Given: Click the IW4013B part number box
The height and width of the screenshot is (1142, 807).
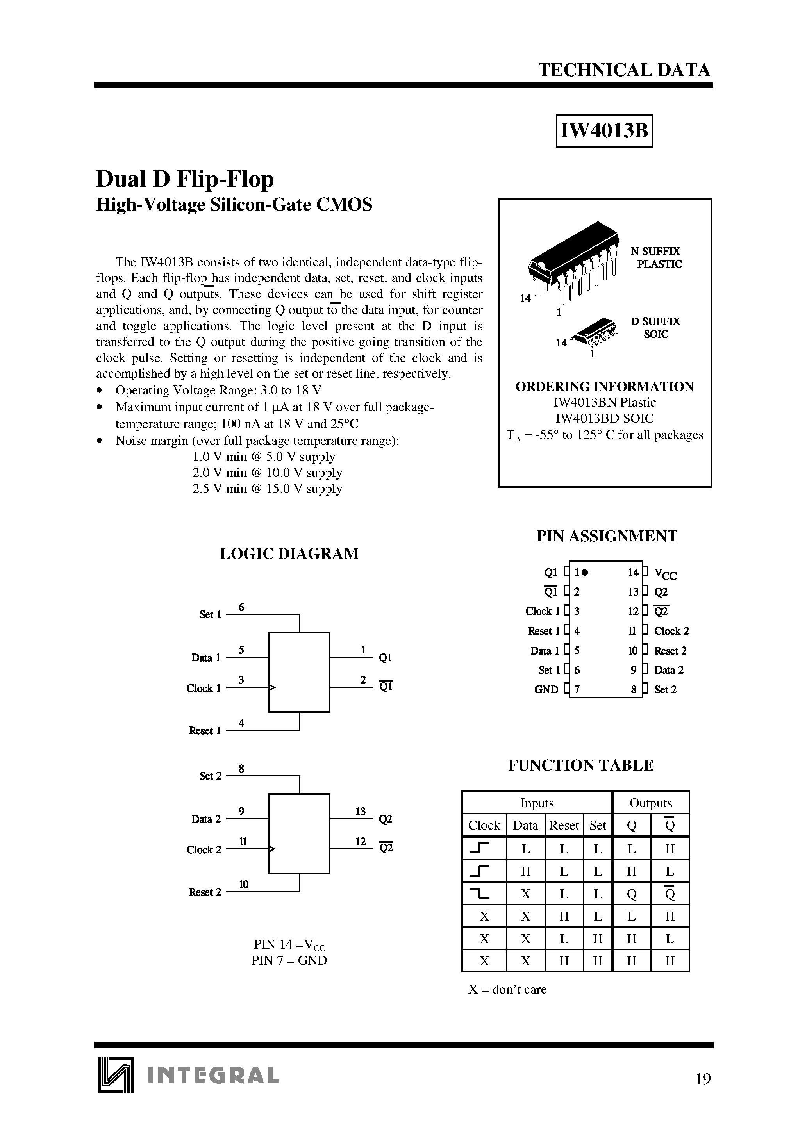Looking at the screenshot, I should click(x=603, y=131).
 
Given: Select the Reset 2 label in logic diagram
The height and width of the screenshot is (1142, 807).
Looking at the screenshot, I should click(x=205, y=892).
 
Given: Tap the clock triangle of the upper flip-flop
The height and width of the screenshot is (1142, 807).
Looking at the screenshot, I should click(x=271, y=688).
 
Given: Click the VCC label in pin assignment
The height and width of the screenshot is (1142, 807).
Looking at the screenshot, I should click(x=665, y=574).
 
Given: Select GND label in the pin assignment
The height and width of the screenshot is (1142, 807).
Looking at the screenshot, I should click(x=546, y=689).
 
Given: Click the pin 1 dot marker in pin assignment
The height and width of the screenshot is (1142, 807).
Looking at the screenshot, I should click(x=585, y=573).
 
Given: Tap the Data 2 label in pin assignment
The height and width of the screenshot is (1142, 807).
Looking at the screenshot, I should click(x=669, y=670).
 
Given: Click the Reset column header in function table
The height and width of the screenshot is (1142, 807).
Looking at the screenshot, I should click(x=564, y=826).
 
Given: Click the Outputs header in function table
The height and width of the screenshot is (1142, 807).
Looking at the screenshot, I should click(x=650, y=803).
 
